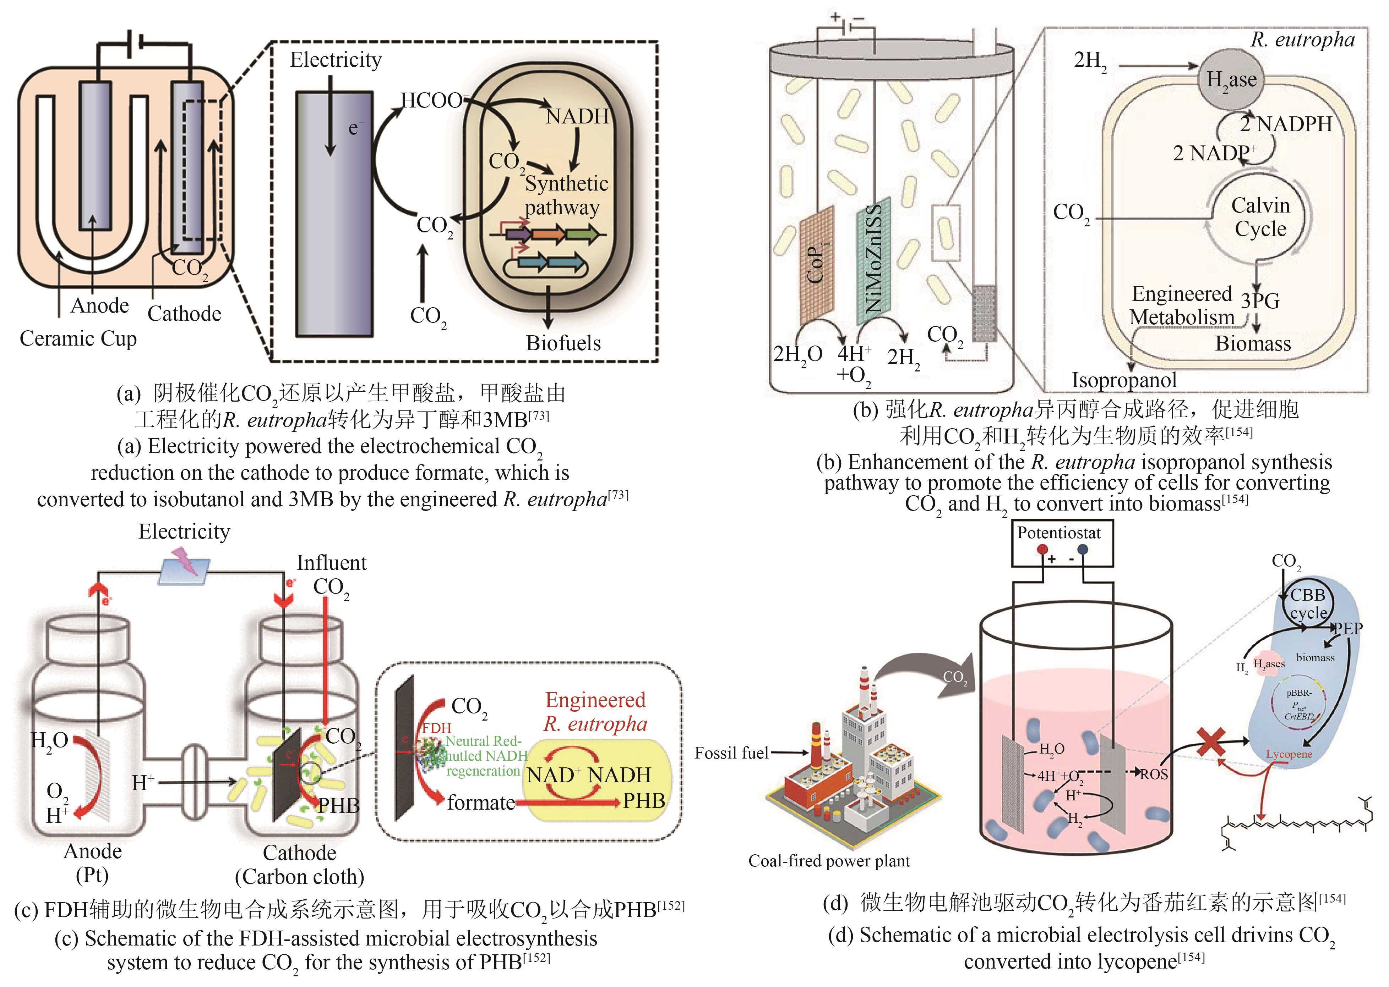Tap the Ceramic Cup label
click(x=78, y=338)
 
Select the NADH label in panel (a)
click(x=577, y=116)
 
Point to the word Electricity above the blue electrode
click(x=336, y=60)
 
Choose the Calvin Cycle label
click(x=1260, y=217)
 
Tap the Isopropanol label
click(x=1124, y=380)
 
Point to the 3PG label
click(x=1260, y=301)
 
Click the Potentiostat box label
click(x=1059, y=533)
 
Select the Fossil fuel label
click(x=731, y=753)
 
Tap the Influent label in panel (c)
click(x=331, y=563)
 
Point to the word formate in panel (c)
click(x=480, y=803)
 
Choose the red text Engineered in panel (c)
click(x=595, y=700)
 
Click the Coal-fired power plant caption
click(x=829, y=861)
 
